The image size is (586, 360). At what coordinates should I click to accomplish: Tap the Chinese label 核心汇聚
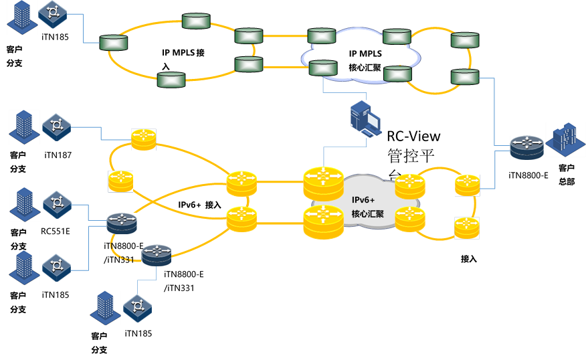367,213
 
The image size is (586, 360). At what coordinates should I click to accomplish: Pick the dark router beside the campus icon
527,147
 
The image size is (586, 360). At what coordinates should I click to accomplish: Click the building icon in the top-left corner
22,17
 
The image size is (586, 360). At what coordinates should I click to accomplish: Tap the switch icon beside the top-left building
53,13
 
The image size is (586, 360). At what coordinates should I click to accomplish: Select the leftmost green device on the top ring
114,43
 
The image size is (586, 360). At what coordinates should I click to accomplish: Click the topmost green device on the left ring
196,21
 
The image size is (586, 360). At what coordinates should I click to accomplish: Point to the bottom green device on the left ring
171,80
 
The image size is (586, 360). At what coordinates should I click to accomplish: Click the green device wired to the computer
323,68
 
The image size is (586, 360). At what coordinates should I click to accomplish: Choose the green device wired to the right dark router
465,77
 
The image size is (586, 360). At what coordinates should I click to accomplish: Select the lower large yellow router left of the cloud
323,221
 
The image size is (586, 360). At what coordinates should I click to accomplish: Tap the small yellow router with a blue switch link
143,139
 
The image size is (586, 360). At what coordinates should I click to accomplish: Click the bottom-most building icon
106,307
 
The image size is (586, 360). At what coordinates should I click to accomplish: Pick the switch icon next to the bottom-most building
137,308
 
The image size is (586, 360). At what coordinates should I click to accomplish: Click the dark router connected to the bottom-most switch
157,255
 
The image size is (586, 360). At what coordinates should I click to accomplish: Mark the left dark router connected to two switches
122,222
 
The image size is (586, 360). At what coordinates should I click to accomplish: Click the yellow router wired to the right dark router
468,185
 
